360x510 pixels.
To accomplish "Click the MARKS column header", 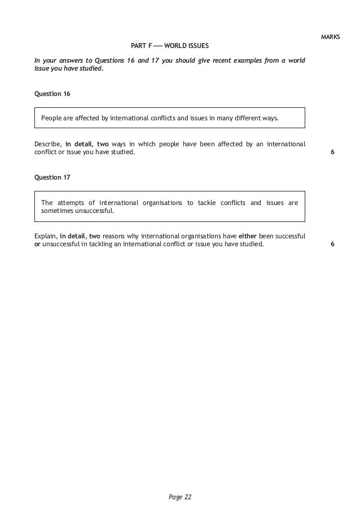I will [x=330, y=37].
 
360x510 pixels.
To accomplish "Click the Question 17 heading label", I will [x=52, y=177].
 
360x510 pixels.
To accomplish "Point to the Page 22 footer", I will [x=181, y=497].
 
